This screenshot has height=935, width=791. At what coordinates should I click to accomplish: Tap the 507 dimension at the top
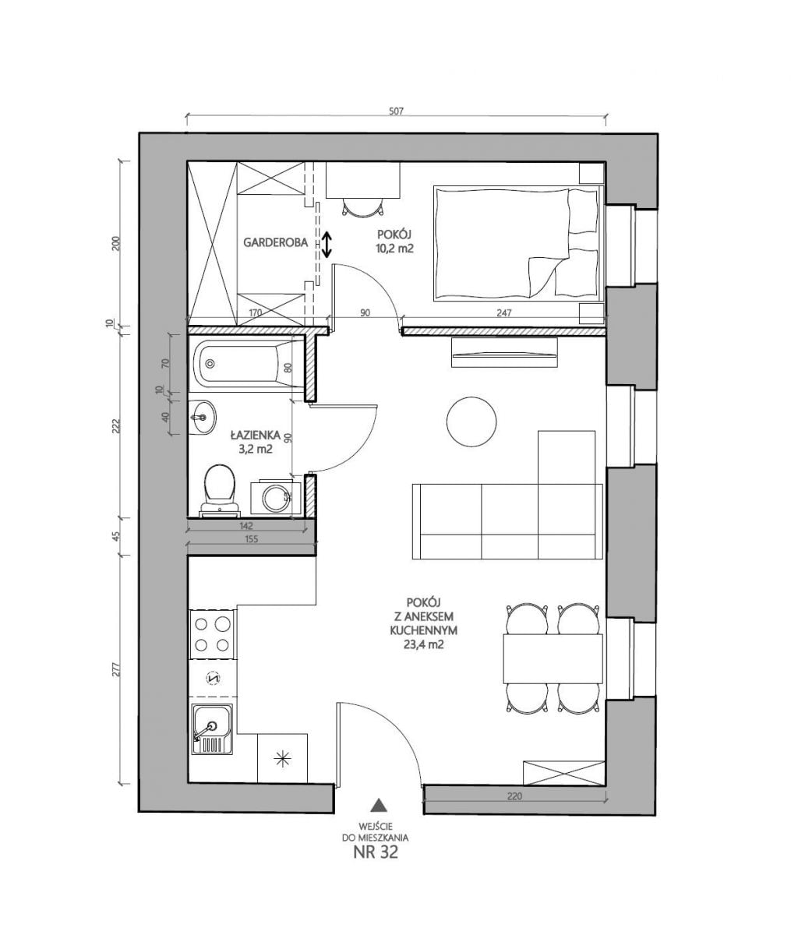point(396,111)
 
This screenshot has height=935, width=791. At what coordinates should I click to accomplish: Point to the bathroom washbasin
point(201,418)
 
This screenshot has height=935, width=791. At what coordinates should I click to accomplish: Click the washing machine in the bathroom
point(275,498)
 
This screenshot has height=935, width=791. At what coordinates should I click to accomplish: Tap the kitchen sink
point(212,729)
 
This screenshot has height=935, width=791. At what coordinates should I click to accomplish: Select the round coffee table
point(471,421)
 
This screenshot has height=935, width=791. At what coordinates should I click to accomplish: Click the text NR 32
point(376,852)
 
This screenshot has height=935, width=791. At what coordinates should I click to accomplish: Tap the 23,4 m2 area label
point(424,644)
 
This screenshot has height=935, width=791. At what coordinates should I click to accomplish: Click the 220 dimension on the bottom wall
point(514,796)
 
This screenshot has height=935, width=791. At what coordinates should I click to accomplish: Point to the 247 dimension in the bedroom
point(503,312)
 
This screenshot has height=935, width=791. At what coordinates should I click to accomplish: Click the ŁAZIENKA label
point(256,436)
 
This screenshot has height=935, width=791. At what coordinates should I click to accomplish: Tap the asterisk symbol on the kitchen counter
point(282,760)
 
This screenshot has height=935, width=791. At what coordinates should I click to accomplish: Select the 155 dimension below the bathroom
point(251,539)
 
